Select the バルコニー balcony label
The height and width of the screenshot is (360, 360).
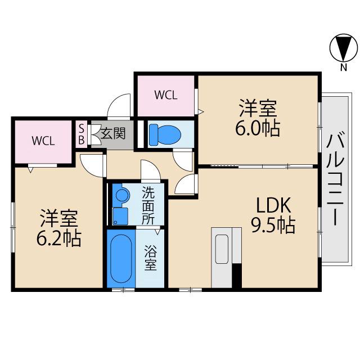pyautogui.click(x=335, y=178)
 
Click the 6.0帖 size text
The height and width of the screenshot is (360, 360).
pyautogui.click(x=258, y=128)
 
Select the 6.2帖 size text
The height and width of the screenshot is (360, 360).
pyautogui.click(x=58, y=239)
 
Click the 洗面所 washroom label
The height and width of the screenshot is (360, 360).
pyautogui.click(x=148, y=205)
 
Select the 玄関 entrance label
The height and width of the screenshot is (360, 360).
pyautogui.click(x=113, y=134)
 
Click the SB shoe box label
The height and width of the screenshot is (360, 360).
pyautogui.click(x=81, y=134)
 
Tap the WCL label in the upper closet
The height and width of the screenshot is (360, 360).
pyautogui.click(x=166, y=94)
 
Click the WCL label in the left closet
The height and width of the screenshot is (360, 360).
pyautogui.click(x=43, y=141)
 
